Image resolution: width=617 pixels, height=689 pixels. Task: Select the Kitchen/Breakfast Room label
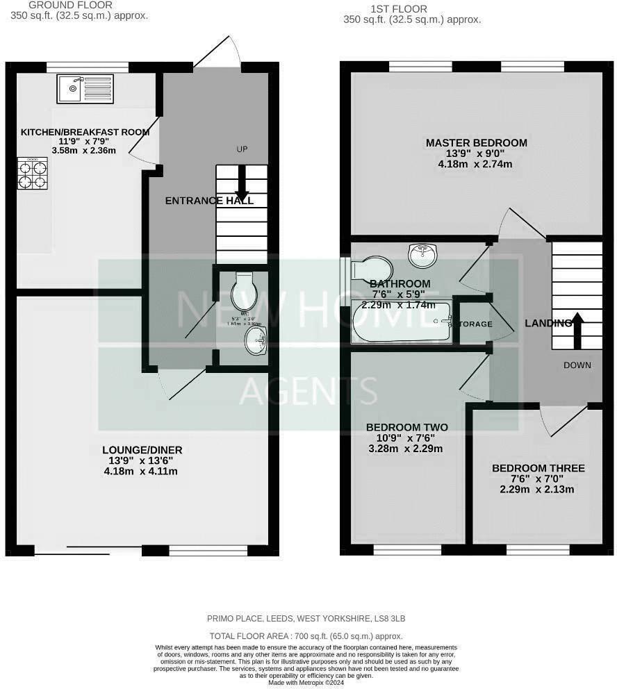pyautogui.click(x=85, y=132)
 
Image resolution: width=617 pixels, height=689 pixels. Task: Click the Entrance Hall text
pyautogui.click(x=209, y=201)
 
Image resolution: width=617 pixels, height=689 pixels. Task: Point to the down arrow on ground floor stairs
pyautogui.click(x=242, y=183)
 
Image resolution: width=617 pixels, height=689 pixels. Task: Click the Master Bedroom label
pyautogui.click(x=476, y=143)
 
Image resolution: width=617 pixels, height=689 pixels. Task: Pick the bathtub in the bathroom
pyautogui.click(x=402, y=322)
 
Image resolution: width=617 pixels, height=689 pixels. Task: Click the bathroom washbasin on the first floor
pyautogui.click(x=423, y=256)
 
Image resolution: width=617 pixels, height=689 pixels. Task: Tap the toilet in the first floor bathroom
pyautogui.click(x=372, y=269)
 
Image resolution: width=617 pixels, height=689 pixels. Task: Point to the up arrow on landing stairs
pyautogui.click(x=577, y=327)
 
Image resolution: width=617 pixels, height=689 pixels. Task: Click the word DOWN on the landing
pyautogui.click(x=577, y=365)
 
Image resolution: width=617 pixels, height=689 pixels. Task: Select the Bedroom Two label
pyautogui.click(x=406, y=427)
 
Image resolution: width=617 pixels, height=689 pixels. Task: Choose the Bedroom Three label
pyautogui.click(x=538, y=469)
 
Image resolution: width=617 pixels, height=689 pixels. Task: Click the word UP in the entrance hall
pyautogui.click(x=242, y=150)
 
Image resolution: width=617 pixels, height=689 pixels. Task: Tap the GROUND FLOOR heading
pyautogui.click(x=61, y=5)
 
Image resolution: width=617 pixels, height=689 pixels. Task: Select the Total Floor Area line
pyautogui.click(x=306, y=636)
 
